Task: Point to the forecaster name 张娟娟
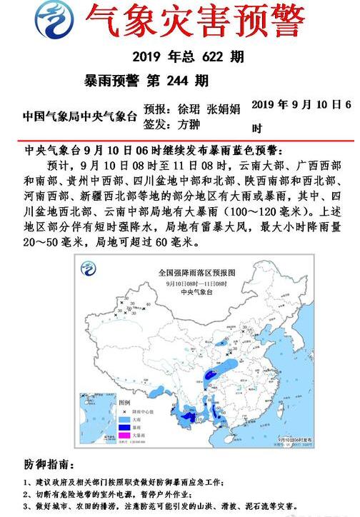point(224,109)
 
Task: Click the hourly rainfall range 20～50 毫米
point(51,243)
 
